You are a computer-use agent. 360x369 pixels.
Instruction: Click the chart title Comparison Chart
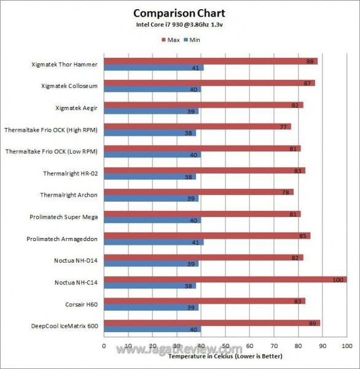click(x=179, y=13)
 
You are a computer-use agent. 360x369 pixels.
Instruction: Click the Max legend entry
click(x=173, y=39)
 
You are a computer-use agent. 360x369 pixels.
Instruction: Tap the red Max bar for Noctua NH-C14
click(x=225, y=280)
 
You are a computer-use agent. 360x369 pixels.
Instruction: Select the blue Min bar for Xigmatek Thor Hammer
click(x=154, y=68)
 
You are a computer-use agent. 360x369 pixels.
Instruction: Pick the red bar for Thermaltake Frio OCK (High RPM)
click(x=197, y=127)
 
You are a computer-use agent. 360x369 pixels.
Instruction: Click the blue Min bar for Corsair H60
click(x=151, y=307)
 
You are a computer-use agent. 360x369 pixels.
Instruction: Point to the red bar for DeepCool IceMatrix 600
click(x=212, y=323)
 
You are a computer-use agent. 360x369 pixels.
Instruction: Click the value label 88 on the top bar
click(x=311, y=61)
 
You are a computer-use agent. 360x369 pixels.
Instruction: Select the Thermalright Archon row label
click(x=70, y=195)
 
